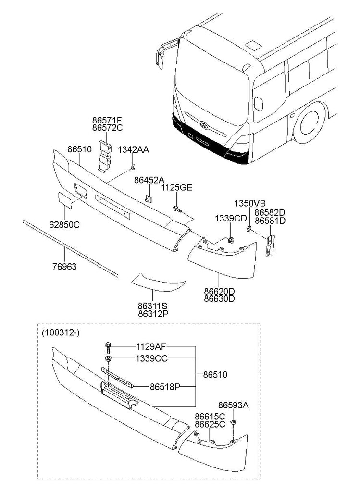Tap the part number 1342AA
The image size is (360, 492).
click(x=133, y=150)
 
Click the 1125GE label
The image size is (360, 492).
click(x=176, y=187)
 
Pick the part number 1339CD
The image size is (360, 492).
click(x=231, y=218)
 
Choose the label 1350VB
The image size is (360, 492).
click(x=249, y=203)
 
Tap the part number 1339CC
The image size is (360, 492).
click(x=151, y=358)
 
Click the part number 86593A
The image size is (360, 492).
click(x=233, y=405)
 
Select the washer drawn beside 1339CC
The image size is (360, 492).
click(x=109, y=359)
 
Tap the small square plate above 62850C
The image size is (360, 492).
click(x=65, y=199)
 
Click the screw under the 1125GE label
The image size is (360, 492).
click(x=176, y=208)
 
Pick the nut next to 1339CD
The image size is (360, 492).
click(x=231, y=240)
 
